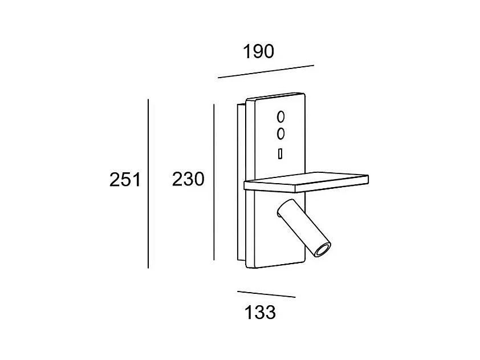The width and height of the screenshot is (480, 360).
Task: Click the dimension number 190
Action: tap(258, 51)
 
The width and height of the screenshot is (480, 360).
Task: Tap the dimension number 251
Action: tap(125, 180)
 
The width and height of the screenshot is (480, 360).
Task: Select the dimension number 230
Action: tap(188, 179)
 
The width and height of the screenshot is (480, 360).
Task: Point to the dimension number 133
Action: tap(260, 313)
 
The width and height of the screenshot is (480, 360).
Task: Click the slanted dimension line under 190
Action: tap(266, 71)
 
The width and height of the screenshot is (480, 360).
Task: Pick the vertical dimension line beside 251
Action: tap(148, 184)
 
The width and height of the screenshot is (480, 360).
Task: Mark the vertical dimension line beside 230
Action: tap(214, 182)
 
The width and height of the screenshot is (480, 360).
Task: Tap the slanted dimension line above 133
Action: tap(266, 294)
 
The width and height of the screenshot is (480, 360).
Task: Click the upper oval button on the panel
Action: tap(280, 117)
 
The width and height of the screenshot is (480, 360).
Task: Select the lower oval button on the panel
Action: tap(280, 134)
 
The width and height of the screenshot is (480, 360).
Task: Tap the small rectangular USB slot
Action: tap(280, 153)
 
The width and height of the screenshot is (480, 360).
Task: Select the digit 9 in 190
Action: tap(258, 51)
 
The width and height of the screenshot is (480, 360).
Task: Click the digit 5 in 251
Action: tap(125, 180)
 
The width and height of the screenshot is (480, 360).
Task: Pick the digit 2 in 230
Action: tap(177, 179)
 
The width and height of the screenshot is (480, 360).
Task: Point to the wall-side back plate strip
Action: tap(242, 181)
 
